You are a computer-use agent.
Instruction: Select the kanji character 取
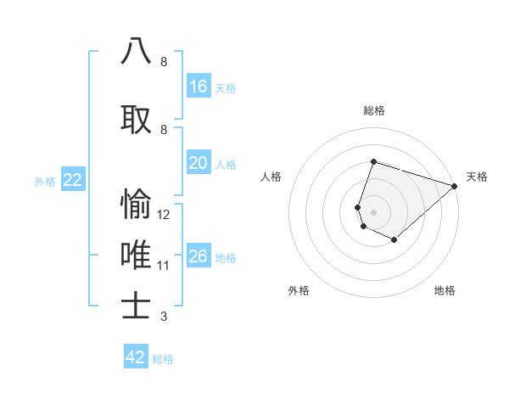click(x=136, y=117)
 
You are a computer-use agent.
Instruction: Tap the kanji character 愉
click(x=136, y=204)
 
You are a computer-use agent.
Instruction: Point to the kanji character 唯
click(x=136, y=254)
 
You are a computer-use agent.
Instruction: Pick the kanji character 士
click(x=136, y=306)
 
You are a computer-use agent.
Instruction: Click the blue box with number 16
click(x=199, y=86)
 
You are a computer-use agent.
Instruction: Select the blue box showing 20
click(x=199, y=163)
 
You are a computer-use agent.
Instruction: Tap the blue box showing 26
click(x=199, y=256)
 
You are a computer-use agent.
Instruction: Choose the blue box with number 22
click(x=73, y=180)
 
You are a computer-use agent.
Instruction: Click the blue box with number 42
click(x=136, y=357)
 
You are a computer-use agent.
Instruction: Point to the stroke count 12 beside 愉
click(x=165, y=215)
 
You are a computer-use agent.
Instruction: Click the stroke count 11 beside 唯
click(x=165, y=266)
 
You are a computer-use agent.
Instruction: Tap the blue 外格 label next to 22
click(x=45, y=181)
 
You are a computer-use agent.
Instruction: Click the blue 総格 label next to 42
click(x=163, y=359)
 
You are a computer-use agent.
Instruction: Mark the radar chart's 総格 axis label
click(x=373, y=110)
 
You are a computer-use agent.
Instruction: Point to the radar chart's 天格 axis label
click(x=477, y=177)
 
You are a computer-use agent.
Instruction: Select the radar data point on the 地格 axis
click(x=394, y=240)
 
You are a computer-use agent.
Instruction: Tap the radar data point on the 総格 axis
click(x=373, y=162)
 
